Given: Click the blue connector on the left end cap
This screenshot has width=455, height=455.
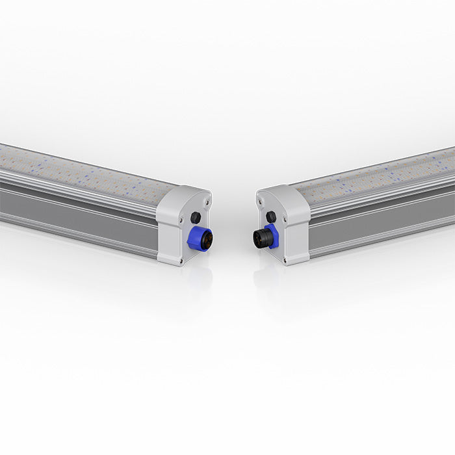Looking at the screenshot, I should point(196,238).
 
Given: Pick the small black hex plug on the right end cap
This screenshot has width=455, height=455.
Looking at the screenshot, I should point(271,216).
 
